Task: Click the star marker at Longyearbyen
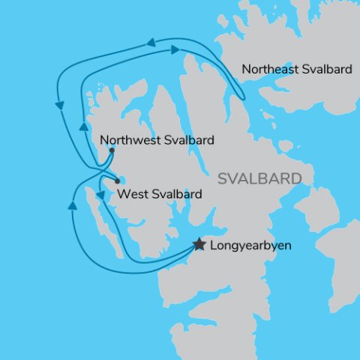(x=199, y=244)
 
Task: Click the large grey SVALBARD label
(x=259, y=179)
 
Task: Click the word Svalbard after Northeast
(x=325, y=70)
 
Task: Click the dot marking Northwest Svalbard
(x=112, y=150)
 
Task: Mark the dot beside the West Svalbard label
(x=116, y=181)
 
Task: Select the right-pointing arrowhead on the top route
(x=175, y=49)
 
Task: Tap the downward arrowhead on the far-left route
(x=58, y=107)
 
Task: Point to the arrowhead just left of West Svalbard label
(x=100, y=195)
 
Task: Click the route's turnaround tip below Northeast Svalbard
(x=241, y=96)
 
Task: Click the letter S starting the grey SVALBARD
(x=223, y=179)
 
